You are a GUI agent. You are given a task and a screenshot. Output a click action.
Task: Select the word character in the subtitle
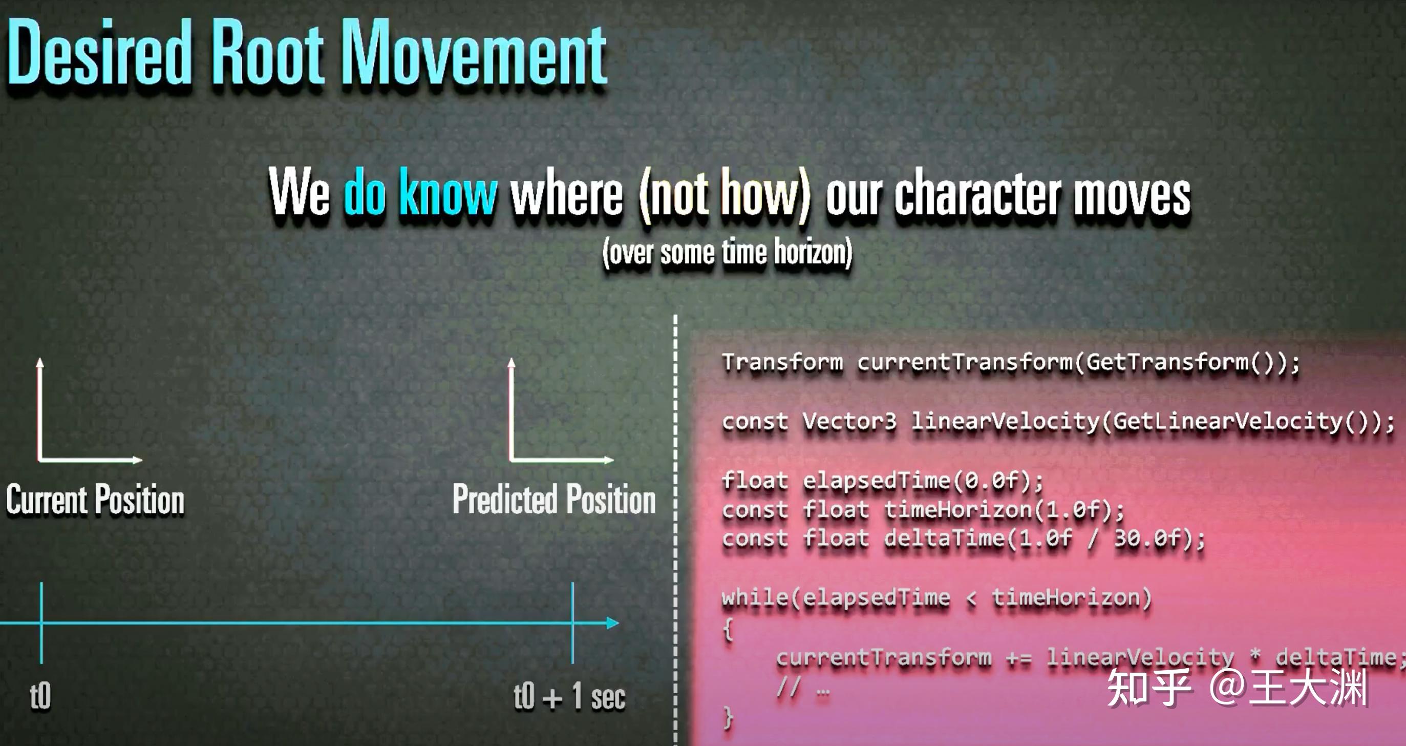tap(977, 194)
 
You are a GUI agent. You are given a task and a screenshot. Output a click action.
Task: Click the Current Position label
tap(96, 500)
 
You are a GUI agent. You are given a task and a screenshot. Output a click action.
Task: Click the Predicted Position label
tap(554, 500)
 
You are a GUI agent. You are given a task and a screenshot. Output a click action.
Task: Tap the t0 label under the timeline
tap(40, 696)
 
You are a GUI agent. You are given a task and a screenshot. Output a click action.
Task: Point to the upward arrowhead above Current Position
tap(40, 363)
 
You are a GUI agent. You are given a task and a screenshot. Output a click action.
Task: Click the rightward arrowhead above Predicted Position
tap(609, 460)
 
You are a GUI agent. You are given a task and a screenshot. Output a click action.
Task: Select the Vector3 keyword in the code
tap(849, 422)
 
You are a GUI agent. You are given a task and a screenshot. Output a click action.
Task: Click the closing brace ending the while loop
tap(728, 716)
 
